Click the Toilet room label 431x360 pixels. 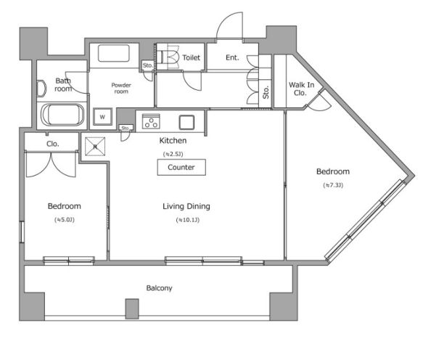click(x=192, y=57)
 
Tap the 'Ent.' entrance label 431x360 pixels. click(x=232, y=57)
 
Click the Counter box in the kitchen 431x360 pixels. click(x=181, y=167)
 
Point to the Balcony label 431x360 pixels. click(x=160, y=288)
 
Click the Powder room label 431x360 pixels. click(x=120, y=89)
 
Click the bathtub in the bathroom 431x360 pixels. click(x=64, y=115)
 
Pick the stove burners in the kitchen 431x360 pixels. click(x=151, y=121)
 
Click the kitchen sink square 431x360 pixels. click(x=187, y=121)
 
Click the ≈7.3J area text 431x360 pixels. click(x=333, y=186)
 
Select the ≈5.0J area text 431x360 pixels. click(x=64, y=219)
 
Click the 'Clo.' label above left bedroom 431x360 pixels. click(x=53, y=144)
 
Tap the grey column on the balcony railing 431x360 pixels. click(x=131, y=308)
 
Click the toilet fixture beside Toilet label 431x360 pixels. click(x=170, y=56)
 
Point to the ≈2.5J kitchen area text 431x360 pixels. click(x=173, y=154)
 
